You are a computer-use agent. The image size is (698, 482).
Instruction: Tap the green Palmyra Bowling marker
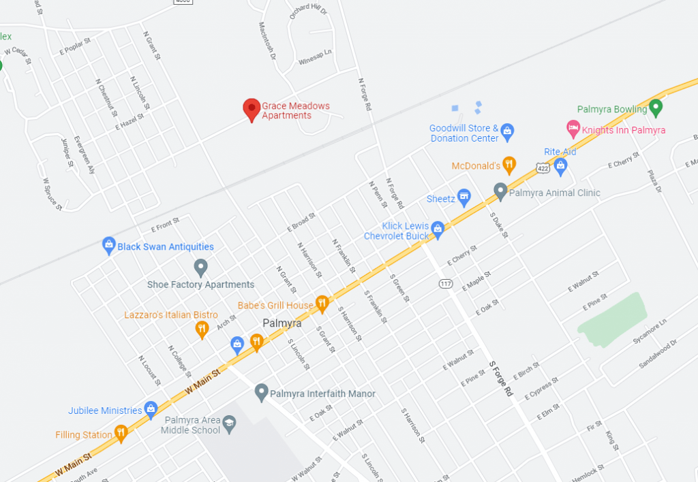click(656, 107)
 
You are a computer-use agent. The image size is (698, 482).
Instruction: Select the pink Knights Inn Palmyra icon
click(573, 127)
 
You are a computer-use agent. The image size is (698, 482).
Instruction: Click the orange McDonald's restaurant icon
click(509, 164)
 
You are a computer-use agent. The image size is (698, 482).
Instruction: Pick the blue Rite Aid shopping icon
click(560, 164)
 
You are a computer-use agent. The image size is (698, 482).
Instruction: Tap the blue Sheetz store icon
click(464, 197)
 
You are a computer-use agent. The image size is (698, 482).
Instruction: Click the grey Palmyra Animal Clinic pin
click(500, 191)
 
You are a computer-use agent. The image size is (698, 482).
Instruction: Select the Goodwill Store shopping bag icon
click(507, 131)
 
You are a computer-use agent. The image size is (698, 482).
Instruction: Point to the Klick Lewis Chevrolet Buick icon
click(438, 230)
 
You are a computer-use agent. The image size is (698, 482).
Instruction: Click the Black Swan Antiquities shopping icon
click(108, 245)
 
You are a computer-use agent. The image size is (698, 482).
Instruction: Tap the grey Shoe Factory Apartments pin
click(200, 267)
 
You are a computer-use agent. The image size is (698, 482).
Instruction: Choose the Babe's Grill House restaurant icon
click(322, 304)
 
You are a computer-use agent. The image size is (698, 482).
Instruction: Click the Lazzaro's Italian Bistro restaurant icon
click(202, 330)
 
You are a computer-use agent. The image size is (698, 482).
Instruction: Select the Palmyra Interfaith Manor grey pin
click(260, 391)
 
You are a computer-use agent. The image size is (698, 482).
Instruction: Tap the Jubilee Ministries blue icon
click(151, 409)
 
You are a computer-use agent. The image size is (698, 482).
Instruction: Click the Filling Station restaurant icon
click(121, 432)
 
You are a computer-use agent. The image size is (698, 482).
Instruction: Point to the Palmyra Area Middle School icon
click(230, 423)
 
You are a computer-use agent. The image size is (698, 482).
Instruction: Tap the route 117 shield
click(446, 283)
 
